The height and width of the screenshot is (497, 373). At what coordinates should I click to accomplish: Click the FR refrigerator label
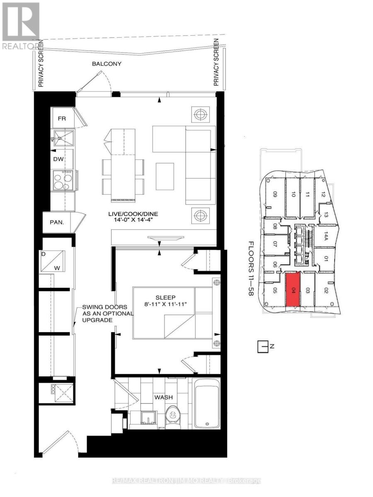tap(62, 118)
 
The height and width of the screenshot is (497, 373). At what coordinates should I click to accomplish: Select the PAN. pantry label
tap(57, 222)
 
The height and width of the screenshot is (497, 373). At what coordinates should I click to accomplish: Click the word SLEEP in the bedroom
tap(163, 297)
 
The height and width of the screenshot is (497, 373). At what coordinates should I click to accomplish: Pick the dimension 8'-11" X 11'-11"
tap(163, 304)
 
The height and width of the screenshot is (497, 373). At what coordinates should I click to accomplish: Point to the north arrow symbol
tap(263, 347)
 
